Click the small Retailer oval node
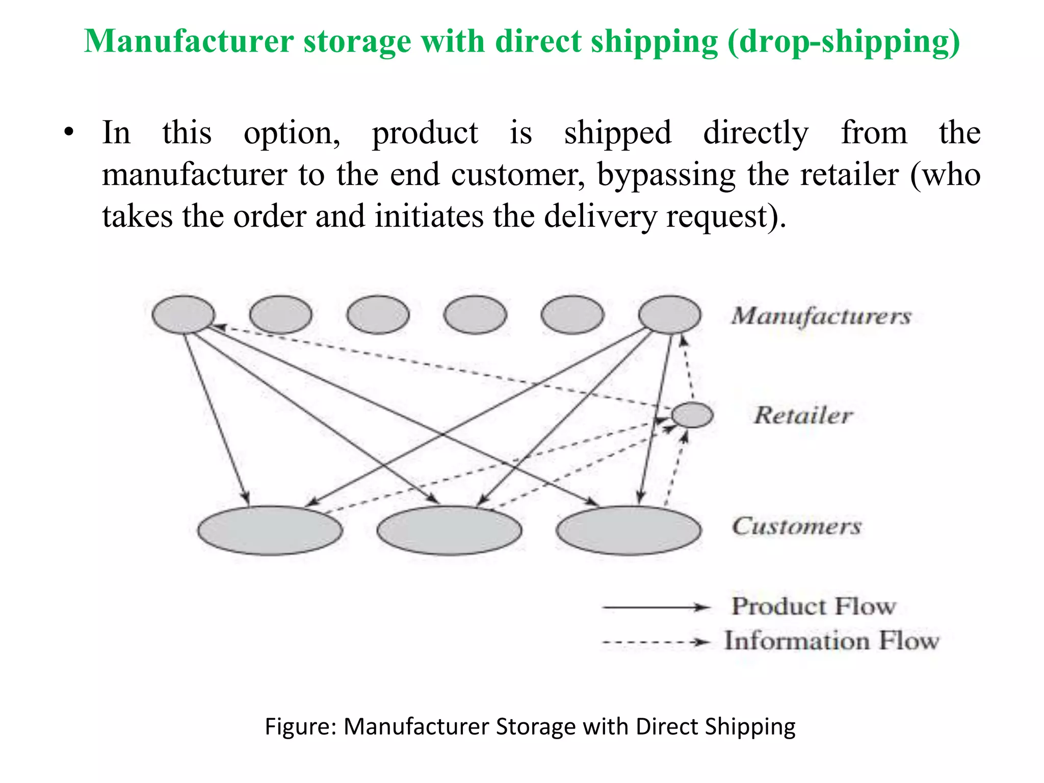692,414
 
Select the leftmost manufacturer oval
184,315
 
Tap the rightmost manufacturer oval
669,315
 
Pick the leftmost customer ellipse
270,530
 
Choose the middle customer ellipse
449,530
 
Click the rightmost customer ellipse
629,530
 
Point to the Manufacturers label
821,316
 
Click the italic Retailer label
803,415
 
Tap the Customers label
797,526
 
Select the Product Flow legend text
814,606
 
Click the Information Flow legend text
831,641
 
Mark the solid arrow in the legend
656,607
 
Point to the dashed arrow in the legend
656,642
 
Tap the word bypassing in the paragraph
666,175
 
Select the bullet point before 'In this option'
69,134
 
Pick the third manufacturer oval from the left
378,315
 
